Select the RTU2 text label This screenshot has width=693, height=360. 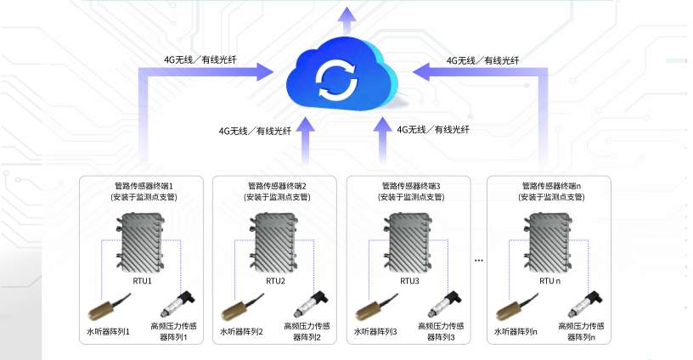(275, 280)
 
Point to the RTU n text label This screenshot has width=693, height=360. (549, 280)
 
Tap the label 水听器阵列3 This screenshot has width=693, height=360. (375, 331)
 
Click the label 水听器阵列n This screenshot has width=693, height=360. (516, 331)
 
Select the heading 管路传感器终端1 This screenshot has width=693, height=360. (143, 186)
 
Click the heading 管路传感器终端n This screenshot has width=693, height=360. (550, 186)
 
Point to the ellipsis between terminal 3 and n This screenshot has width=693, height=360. (478, 259)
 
